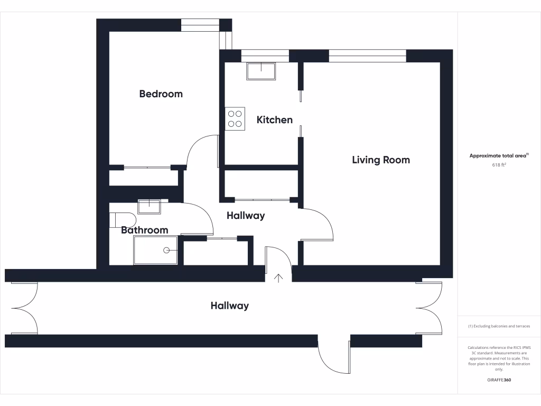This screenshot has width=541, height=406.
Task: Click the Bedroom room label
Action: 161,94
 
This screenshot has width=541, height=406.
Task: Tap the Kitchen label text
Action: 274,120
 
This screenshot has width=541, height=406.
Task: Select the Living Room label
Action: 380,160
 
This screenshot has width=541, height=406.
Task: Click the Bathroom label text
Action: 144,230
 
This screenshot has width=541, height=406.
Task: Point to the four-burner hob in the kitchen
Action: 235,119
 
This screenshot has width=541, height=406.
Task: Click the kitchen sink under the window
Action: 261,71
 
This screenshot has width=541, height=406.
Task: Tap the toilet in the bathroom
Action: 123,219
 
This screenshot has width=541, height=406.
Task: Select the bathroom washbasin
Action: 149,206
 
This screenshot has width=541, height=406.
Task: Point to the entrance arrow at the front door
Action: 278,278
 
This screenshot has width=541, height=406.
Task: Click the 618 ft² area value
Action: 499,165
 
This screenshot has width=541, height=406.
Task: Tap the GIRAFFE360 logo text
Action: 499,380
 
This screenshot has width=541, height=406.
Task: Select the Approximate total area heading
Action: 499,156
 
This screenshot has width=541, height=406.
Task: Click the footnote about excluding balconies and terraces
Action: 499,326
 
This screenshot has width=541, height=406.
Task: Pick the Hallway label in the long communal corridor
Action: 229,306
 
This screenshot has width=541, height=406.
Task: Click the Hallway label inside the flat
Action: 246,216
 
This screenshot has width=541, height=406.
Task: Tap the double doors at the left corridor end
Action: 24,308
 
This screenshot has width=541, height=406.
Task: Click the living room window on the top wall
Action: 367,56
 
